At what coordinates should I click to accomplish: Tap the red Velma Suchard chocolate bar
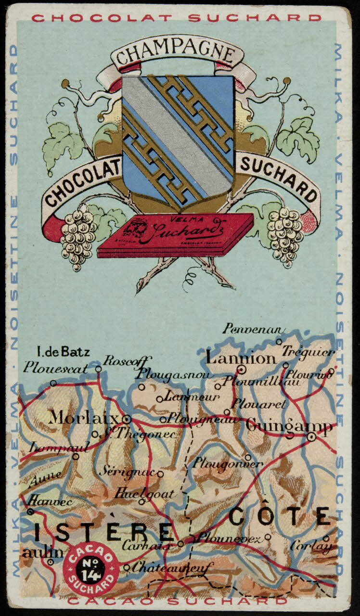(x=176, y=234)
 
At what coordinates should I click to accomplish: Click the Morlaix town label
(x=84, y=417)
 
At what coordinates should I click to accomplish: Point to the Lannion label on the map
(x=241, y=358)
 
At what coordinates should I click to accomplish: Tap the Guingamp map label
(x=288, y=426)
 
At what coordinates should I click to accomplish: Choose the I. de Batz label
(x=64, y=352)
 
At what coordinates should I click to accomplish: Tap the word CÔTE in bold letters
(x=279, y=517)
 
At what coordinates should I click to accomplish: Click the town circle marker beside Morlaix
(x=127, y=418)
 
